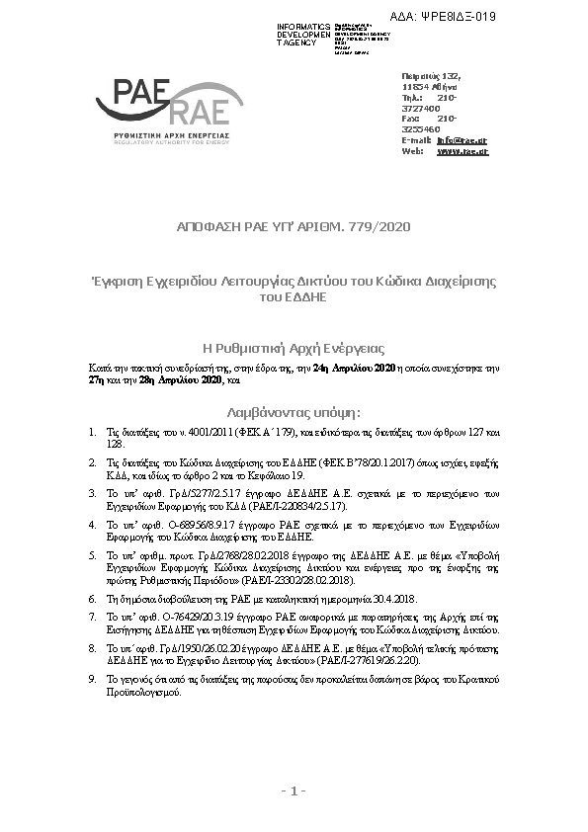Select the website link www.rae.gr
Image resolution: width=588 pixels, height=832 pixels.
(x=462, y=151)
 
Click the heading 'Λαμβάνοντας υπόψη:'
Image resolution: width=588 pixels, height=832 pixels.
(x=294, y=410)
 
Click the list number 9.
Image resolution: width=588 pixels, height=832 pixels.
(x=91, y=681)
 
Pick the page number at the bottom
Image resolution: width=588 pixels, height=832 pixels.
(x=294, y=790)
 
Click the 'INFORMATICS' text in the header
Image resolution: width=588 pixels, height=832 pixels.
(x=304, y=24)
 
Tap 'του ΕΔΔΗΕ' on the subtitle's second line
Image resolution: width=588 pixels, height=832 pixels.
(x=293, y=294)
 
